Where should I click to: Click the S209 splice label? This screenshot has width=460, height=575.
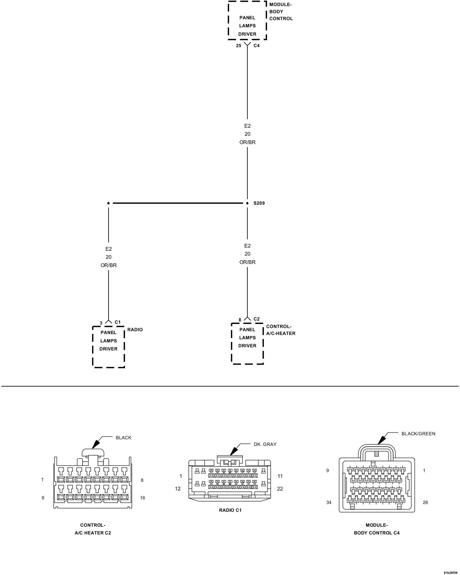(259, 203)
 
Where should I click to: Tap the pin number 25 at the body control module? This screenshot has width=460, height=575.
(239, 46)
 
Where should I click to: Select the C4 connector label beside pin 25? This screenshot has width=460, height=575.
(256, 46)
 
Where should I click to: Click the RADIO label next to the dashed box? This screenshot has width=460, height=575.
(135, 330)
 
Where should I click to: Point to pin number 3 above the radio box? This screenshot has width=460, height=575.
(101, 323)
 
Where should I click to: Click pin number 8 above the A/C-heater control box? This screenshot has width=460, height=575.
(240, 320)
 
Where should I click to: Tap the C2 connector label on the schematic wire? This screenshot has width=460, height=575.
(256, 319)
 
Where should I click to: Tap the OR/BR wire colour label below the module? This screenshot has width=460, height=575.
(247, 142)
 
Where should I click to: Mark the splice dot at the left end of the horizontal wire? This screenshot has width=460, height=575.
(108, 203)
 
